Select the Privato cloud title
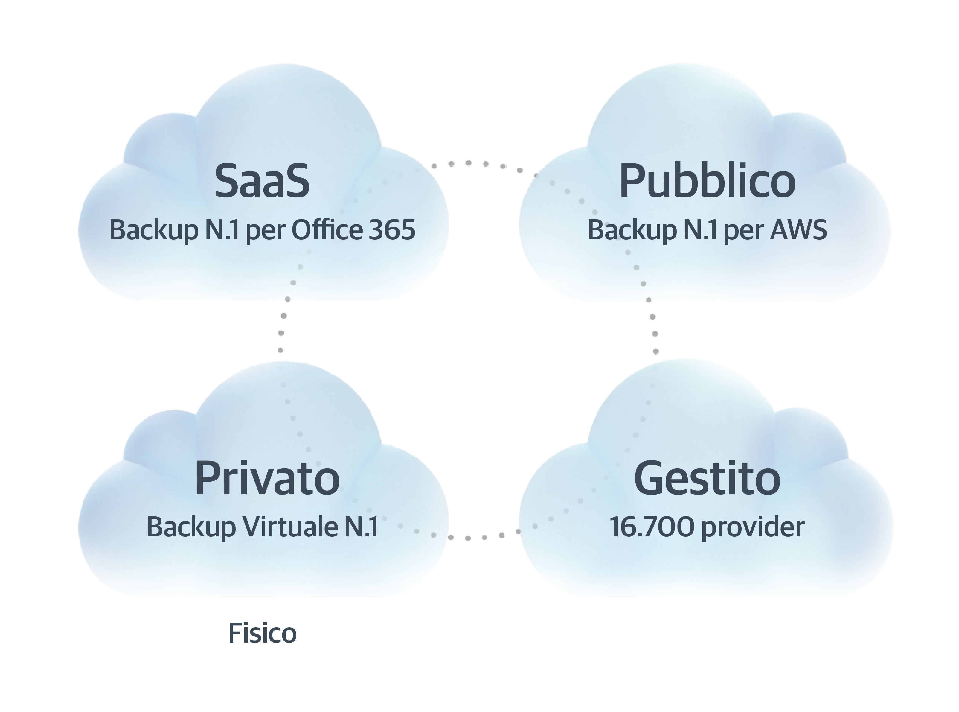[267, 478]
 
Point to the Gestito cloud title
[707, 478]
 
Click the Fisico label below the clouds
[262, 633]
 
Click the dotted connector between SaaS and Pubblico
[486, 164]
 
